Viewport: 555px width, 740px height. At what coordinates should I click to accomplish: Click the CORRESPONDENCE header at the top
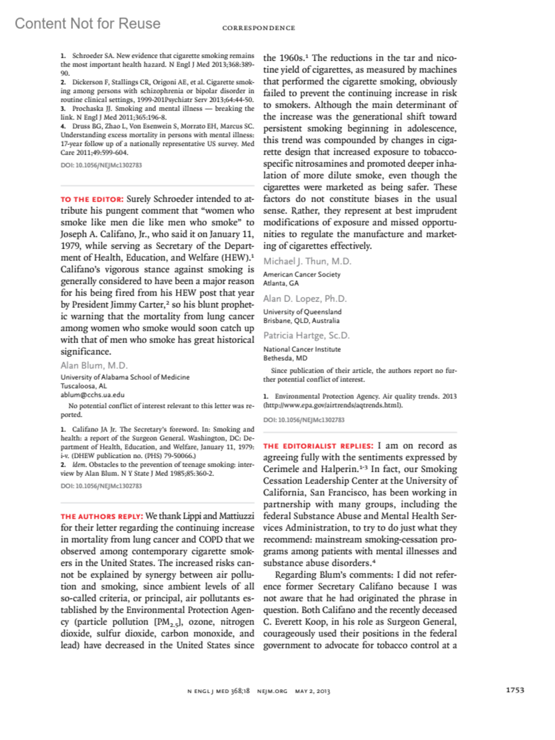pos(259,28)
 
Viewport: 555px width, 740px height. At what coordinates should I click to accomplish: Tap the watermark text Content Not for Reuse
pos(87,23)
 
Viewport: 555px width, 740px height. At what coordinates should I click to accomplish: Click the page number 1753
pos(515,690)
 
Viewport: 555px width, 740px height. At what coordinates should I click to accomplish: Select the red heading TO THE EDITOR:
pos(92,199)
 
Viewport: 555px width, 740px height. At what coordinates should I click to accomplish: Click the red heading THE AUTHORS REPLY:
pos(102,516)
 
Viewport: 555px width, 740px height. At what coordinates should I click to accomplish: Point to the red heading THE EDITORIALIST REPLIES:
pos(318,446)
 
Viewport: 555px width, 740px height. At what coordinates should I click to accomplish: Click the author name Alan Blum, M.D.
pos(94,365)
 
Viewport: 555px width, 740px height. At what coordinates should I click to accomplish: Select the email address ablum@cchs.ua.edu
pos(92,395)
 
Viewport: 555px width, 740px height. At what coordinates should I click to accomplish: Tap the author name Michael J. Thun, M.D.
pos(307,261)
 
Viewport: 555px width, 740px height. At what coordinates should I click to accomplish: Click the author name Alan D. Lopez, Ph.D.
pos(305,299)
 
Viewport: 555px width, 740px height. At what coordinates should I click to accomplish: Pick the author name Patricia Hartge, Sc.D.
pos(306,335)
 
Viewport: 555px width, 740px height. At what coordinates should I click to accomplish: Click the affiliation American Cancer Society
pos(302,274)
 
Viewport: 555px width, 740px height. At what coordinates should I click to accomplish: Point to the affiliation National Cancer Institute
pos(302,349)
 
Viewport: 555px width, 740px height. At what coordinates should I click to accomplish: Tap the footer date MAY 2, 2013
pos(313,691)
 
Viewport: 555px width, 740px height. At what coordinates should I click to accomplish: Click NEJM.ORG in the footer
pos(272,691)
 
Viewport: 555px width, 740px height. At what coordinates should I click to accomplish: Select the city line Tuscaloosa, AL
pos(84,386)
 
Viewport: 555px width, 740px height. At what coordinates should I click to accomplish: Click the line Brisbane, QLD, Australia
pos(301,321)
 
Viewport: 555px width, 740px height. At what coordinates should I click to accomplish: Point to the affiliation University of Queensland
pos(302,312)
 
